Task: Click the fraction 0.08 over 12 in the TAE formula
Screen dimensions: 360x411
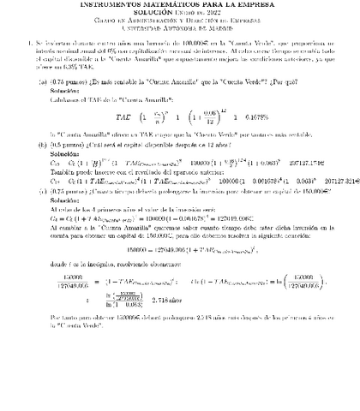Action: pyautogui.click(x=182, y=116)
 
